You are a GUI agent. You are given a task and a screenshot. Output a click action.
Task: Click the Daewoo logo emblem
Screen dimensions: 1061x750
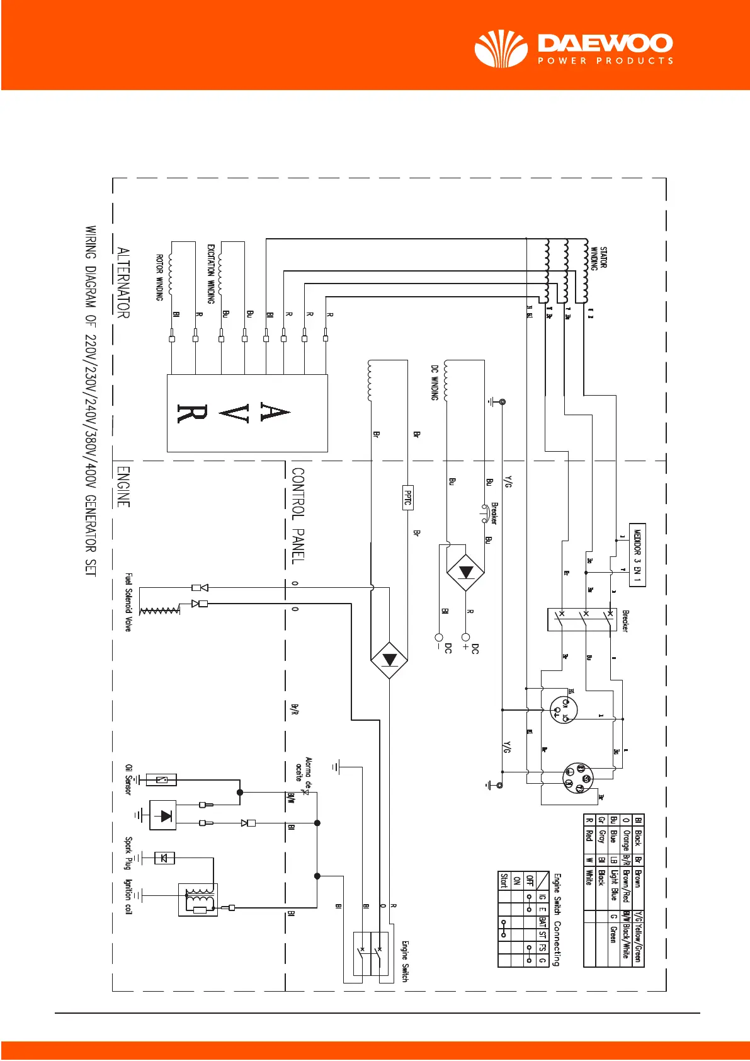[501, 49]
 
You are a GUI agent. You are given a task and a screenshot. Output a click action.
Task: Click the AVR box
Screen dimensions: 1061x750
[247, 413]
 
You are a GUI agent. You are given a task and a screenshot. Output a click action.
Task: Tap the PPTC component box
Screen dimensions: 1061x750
[407, 497]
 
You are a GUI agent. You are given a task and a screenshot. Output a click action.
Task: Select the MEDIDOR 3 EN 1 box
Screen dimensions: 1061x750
[637, 554]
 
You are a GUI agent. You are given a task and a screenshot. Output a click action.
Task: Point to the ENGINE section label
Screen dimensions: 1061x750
[123, 486]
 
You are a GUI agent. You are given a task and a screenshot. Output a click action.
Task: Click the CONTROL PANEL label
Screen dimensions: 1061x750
[298, 515]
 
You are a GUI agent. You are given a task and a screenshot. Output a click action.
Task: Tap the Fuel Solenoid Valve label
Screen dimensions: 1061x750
[128, 602]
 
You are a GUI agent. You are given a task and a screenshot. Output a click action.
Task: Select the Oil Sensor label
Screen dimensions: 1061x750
[128, 779]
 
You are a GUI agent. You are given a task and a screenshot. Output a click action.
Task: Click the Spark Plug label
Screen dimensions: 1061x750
[128, 853]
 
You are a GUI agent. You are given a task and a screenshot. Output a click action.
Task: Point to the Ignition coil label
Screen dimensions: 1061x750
[128, 897]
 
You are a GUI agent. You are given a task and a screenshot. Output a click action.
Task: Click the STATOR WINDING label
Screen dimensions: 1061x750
[598, 258]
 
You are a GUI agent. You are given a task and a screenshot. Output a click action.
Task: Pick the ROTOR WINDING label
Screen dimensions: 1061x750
[160, 277]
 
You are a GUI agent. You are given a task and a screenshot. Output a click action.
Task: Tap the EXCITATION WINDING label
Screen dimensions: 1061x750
[211, 273]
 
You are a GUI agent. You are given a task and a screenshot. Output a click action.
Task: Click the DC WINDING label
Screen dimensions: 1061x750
[435, 382]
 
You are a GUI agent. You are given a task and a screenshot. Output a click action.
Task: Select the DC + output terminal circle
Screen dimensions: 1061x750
[466, 638]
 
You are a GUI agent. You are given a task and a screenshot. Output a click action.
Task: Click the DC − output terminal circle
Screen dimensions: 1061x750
[439, 638]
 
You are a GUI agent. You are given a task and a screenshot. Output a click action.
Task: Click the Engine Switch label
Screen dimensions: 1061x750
[405, 961]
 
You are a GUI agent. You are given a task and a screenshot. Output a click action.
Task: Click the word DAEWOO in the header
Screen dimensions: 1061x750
[605, 43]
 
